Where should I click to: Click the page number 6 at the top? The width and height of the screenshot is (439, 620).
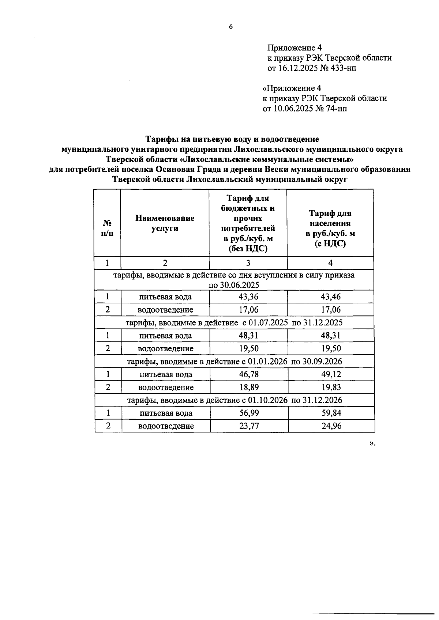(231, 27)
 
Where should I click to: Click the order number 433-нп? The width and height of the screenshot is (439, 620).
(343, 68)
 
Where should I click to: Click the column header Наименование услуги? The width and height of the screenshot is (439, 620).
(165, 223)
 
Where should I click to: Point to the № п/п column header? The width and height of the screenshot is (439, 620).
(107, 228)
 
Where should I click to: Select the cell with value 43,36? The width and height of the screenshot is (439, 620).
(248, 297)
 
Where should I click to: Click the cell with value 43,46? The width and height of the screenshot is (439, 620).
(330, 297)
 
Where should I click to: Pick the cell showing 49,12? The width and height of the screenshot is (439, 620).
(331, 374)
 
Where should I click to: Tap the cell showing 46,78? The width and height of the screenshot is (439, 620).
(249, 374)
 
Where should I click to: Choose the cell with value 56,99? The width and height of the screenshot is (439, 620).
(249, 413)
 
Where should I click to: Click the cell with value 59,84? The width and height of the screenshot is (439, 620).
(331, 413)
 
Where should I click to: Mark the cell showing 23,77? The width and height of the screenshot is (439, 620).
(249, 426)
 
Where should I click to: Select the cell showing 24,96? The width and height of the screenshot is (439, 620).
(331, 426)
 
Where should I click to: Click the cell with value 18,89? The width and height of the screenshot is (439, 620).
(249, 387)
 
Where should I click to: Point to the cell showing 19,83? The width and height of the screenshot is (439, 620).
(331, 387)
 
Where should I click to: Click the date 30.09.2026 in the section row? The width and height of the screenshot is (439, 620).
(322, 362)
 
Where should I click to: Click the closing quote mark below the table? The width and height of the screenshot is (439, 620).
(372, 443)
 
